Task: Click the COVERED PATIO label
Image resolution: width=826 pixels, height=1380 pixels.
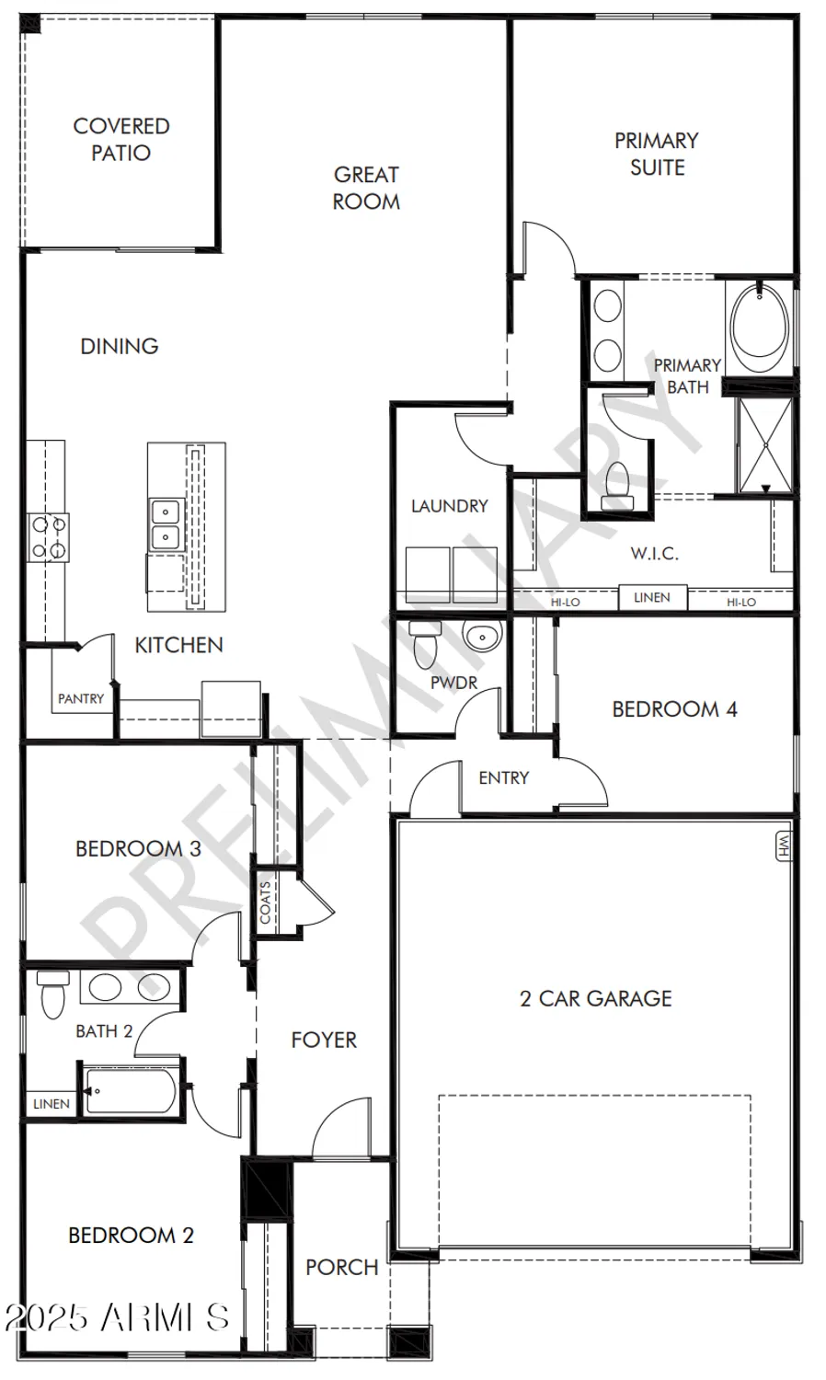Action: point(121,139)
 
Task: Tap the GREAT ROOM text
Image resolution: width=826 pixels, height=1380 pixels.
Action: point(366,188)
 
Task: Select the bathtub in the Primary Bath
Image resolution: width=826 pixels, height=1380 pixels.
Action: point(759,327)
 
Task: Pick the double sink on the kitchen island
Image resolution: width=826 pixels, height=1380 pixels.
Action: point(166,523)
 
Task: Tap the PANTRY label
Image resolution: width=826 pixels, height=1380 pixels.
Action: point(81,698)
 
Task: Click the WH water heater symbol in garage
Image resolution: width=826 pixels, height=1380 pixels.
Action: point(784,846)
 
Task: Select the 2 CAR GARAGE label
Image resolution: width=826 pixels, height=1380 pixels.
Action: point(595,998)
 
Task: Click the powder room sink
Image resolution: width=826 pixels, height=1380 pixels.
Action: point(481,637)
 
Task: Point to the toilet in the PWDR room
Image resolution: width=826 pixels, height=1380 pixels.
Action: point(424,645)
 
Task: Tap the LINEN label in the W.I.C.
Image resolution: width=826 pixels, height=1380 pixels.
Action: point(651,598)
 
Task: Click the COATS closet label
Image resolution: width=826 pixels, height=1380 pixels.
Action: point(266,903)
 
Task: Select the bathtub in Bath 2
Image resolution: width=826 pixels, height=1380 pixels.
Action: point(131,1090)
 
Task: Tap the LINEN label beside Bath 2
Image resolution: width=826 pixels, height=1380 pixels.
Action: point(51,1103)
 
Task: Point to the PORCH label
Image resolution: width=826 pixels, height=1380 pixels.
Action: point(341,1267)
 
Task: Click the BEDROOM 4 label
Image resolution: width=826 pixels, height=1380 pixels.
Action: point(674,708)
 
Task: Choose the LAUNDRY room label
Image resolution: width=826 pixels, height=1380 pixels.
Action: point(449,505)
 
